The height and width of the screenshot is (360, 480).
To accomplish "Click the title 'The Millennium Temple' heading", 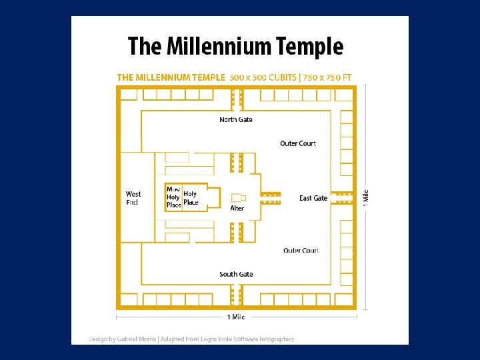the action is [x=235, y=47].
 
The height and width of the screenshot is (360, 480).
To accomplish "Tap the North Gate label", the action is [x=236, y=120].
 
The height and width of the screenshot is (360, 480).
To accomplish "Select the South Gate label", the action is [x=236, y=275].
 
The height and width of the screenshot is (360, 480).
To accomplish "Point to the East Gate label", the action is [x=313, y=198].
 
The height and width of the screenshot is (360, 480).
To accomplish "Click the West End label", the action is [x=133, y=198].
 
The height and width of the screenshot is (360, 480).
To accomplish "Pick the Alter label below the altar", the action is [x=237, y=209].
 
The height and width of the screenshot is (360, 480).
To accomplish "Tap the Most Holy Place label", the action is [x=173, y=197].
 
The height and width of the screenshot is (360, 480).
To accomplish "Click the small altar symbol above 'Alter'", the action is [x=238, y=197].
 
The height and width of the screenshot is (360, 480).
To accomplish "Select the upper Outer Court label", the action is [x=298, y=143].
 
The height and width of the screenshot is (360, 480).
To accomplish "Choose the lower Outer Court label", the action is [x=301, y=251].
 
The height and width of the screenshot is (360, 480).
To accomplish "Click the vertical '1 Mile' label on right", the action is [x=365, y=197].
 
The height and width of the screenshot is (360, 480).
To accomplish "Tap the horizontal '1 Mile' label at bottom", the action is [x=236, y=317].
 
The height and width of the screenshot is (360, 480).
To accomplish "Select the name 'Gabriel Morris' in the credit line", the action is [x=138, y=339].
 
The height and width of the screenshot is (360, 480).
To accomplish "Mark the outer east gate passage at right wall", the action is [x=343, y=197].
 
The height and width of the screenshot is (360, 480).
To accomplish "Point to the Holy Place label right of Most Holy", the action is [x=191, y=198].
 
